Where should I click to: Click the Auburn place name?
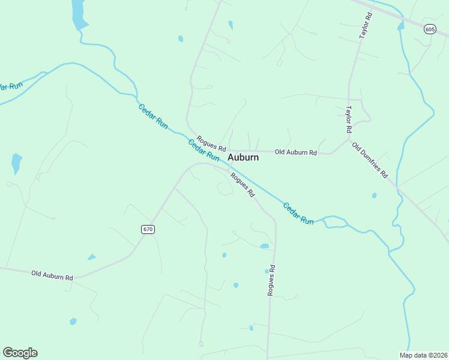click(x=243, y=158)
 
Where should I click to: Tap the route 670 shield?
click(x=148, y=229)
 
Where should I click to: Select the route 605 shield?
click(x=430, y=29)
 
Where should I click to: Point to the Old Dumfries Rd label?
click(x=370, y=161)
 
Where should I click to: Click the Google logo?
click(x=20, y=353)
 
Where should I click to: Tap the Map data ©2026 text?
click(x=423, y=355)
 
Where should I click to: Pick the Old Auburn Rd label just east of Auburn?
click(x=295, y=152)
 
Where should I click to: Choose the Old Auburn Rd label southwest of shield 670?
click(x=52, y=275)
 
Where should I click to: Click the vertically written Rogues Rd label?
click(x=271, y=280)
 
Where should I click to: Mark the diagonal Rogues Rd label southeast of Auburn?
click(x=243, y=185)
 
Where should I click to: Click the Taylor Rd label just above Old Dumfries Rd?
click(x=348, y=119)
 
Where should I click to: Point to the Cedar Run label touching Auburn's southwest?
click(x=203, y=150)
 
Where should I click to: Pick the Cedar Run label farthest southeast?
click(x=298, y=213)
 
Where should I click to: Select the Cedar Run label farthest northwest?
click(x=153, y=115)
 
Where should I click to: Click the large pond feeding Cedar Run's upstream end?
click(x=79, y=15)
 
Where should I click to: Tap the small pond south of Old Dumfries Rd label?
click(x=374, y=195)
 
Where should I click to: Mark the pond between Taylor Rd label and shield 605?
click(x=400, y=26)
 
